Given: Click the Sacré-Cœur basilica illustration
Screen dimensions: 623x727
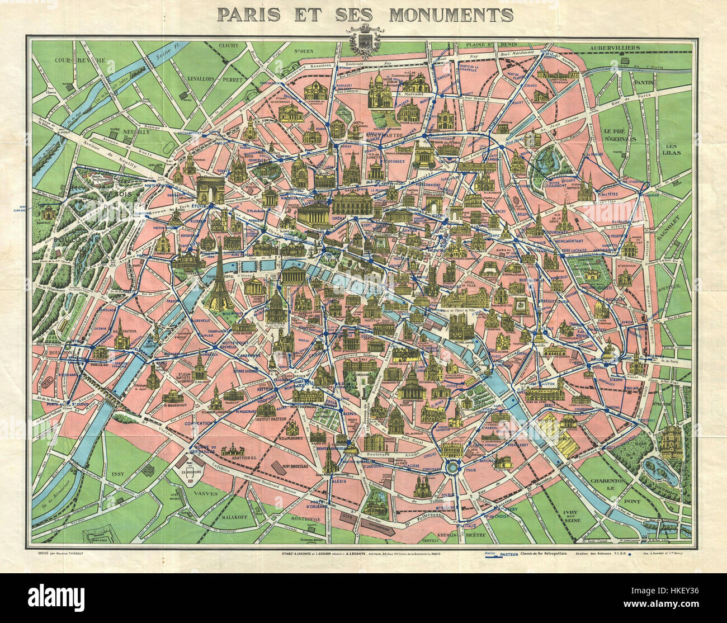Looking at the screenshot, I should point(380,89).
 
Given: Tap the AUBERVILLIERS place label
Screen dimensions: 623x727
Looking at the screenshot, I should point(609,49).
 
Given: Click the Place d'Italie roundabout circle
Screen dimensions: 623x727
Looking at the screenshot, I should point(452,468).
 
